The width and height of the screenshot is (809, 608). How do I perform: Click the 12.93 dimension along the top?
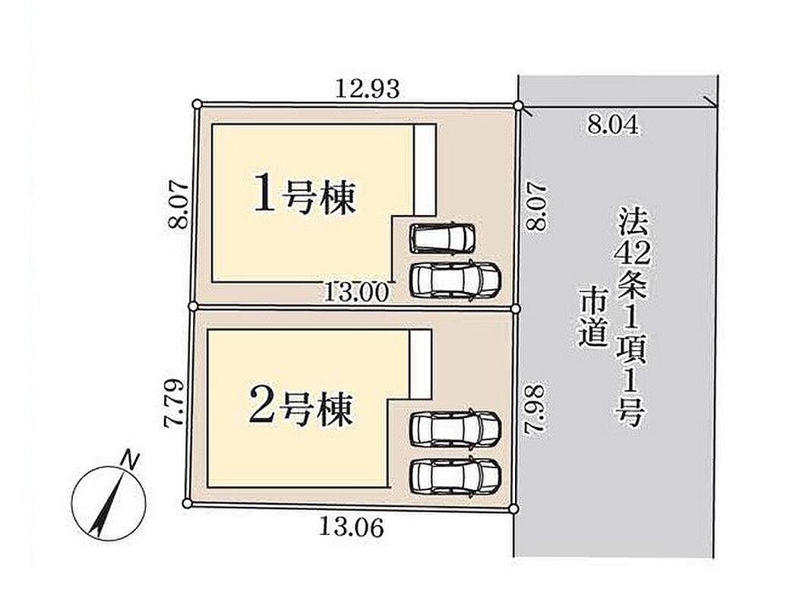(x=368, y=90)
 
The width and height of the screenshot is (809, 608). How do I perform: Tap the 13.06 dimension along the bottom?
(x=352, y=527)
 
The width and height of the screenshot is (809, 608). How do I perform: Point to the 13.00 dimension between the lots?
(x=356, y=293)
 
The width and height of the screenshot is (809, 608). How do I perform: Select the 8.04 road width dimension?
(x=613, y=125)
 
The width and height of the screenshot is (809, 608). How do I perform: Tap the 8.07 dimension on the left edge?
(x=179, y=204)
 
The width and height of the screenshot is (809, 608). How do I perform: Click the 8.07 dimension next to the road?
(x=536, y=205)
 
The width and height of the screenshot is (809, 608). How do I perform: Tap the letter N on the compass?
(x=131, y=459)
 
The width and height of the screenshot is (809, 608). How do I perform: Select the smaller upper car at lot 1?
(x=443, y=238)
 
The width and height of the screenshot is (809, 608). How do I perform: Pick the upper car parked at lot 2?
(x=455, y=429)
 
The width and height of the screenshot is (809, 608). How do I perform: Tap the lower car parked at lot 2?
(x=455, y=477)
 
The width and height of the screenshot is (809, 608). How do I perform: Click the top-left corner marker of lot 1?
(x=197, y=104)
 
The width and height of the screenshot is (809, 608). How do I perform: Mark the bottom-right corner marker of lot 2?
(x=513, y=509)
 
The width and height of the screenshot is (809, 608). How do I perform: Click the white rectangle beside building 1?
(x=425, y=169)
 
